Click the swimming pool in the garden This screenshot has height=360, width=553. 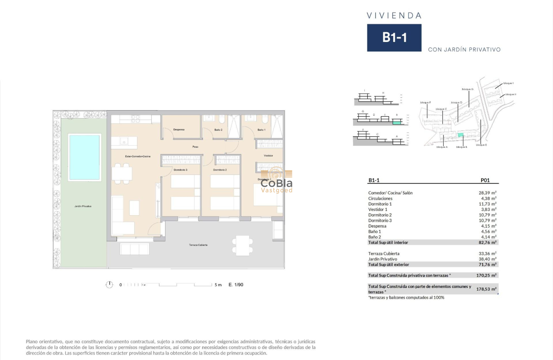(x=84, y=157)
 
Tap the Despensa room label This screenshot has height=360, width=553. (x=179, y=129)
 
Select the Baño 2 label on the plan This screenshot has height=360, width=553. (x=218, y=129)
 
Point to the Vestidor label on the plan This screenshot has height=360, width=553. (x=268, y=156)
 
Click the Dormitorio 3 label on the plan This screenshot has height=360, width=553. (x=180, y=170)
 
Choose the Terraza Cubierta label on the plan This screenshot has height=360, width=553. (x=198, y=245)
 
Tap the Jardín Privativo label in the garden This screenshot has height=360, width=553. (x=83, y=206)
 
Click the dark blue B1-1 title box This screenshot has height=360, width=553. (x=394, y=38)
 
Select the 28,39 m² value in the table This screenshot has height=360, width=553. (x=487, y=193)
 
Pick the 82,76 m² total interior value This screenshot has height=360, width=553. (x=487, y=243)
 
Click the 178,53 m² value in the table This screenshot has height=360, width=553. (x=487, y=289)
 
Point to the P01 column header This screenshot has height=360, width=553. (x=486, y=181)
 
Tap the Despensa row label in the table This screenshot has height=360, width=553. (x=377, y=226)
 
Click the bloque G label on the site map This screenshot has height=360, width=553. (x=467, y=89)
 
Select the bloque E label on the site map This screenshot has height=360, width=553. (x=481, y=145)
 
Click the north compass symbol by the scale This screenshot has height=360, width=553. (x=109, y=285)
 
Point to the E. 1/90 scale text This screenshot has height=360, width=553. (x=236, y=285)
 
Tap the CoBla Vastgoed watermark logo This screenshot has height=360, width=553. (x=277, y=181)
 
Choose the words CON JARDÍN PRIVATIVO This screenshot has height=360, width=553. (x=464, y=50)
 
